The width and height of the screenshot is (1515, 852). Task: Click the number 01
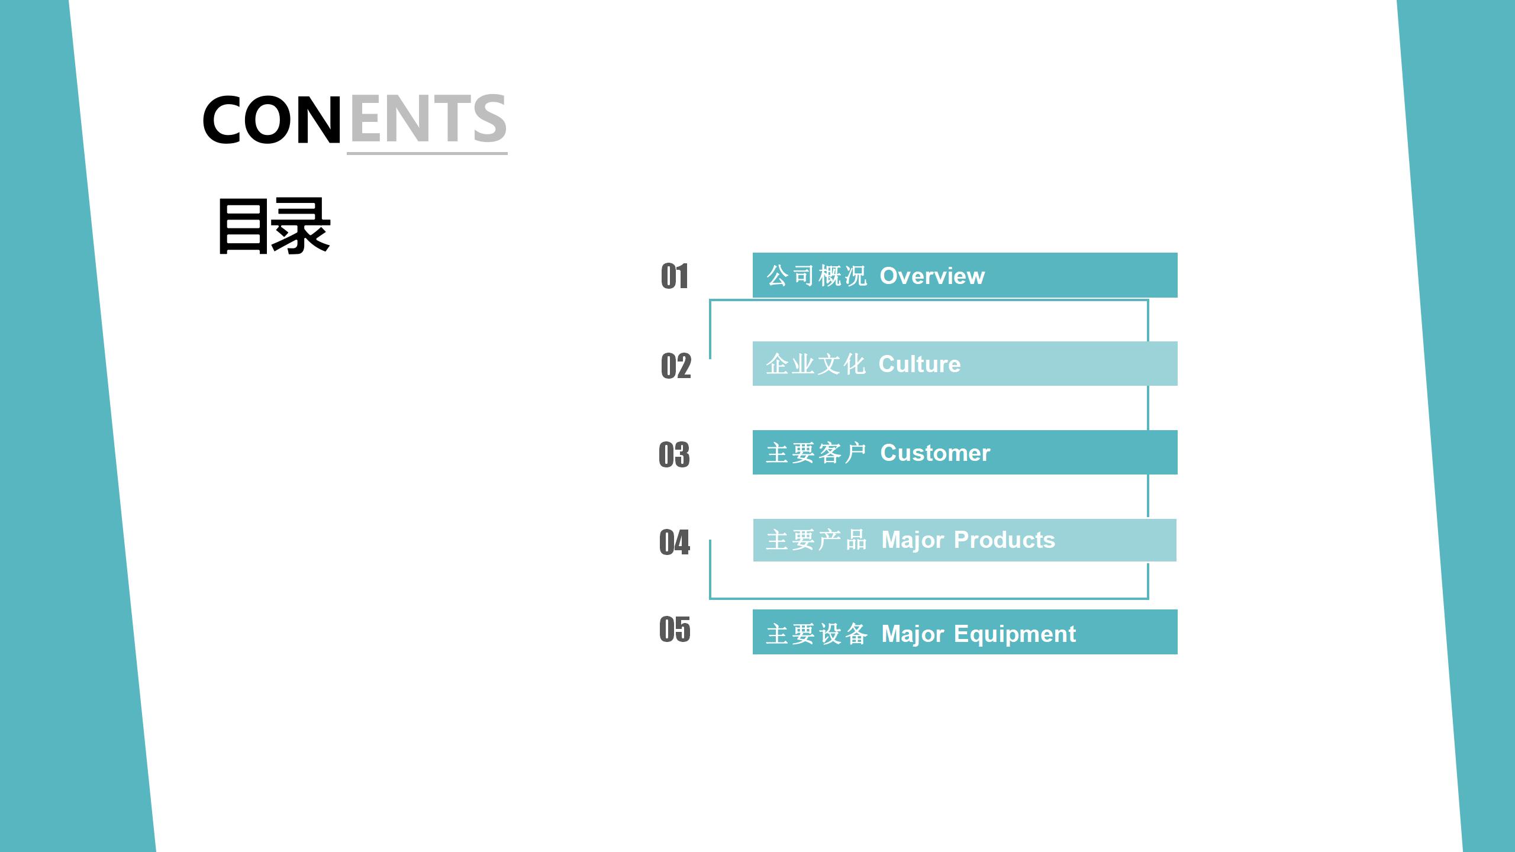click(675, 276)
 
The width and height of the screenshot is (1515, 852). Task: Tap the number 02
click(676, 366)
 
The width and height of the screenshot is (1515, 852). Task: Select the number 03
click(674, 454)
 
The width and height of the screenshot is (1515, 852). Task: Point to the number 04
click(675, 542)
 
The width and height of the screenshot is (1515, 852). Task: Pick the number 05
click(675, 629)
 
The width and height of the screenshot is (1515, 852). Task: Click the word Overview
click(932, 276)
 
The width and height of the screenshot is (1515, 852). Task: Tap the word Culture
click(920, 364)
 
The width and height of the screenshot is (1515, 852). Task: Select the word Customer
click(935, 453)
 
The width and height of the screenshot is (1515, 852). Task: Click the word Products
click(1004, 540)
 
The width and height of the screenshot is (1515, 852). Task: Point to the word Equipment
click(1015, 635)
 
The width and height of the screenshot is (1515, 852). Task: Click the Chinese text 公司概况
click(817, 276)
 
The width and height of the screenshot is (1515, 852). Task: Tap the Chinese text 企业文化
click(816, 364)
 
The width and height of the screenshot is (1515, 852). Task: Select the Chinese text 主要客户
click(817, 453)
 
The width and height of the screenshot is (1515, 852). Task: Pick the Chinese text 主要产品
click(817, 540)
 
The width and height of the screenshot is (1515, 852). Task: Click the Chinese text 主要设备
click(817, 634)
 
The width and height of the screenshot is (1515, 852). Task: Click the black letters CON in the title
click(272, 120)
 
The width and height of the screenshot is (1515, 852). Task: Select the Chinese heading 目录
click(274, 226)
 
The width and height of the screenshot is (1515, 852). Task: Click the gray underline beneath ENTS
click(427, 154)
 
